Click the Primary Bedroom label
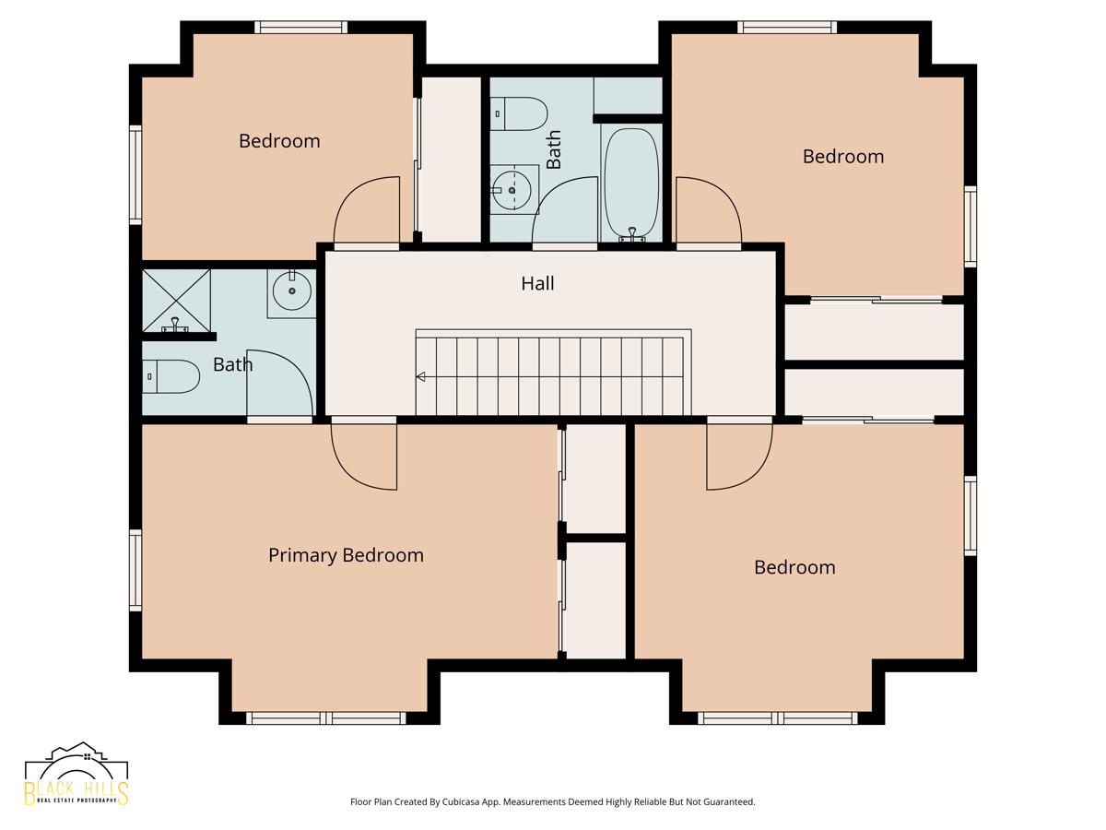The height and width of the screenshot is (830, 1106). [x=346, y=555]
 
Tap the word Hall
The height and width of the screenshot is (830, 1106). [x=537, y=283]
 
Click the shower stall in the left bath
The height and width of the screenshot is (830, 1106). [x=176, y=300]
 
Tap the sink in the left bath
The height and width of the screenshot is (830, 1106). [x=292, y=292]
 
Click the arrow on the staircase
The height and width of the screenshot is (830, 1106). [x=420, y=376]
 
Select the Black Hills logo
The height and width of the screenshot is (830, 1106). [x=76, y=775]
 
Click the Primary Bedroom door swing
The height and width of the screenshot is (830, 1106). [x=366, y=456]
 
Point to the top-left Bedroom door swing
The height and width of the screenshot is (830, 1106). [x=366, y=210]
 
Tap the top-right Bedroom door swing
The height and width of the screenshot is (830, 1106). [x=707, y=212]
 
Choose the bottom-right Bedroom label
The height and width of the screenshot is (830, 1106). [x=794, y=567]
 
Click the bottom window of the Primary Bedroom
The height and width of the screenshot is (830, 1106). [x=326, y=717]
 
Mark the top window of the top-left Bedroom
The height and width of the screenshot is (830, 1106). [x=301, y=27]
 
